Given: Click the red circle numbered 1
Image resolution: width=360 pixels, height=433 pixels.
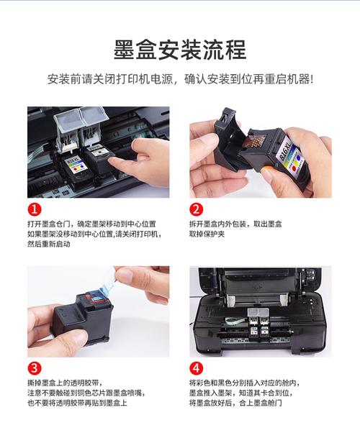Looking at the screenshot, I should point(34,210).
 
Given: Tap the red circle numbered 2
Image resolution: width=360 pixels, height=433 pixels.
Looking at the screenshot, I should point(196,210).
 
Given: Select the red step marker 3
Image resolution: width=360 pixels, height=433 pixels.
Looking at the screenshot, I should point(34,368).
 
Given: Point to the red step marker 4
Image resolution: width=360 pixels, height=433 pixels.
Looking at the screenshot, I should point(196,368).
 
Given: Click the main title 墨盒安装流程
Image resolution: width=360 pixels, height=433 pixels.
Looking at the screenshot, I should point(179,50).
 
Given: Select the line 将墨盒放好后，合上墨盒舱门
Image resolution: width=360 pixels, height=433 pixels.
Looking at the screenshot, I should point(235,404).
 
